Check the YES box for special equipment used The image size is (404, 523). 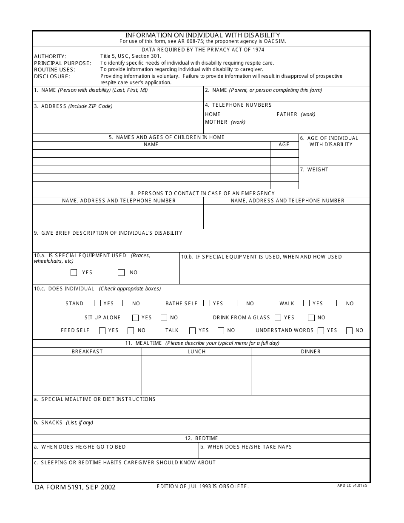click(x=74, y=273)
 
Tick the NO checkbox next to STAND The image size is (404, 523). click(x=126, y=303)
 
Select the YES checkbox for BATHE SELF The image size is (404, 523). click(x=207, y=303)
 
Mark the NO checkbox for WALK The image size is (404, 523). click(x=340, y=303)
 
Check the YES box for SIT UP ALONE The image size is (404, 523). click(x=135, y=318)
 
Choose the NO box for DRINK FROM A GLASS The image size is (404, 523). click(x=311, y=318)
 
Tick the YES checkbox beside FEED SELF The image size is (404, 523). click(x=102, y=330)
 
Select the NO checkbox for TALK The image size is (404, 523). click(x=221, y=330)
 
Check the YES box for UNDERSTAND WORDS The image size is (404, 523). click(x=321, y=330)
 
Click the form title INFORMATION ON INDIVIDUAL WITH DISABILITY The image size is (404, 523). click(x=202, y=35)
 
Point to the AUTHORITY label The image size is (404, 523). click(x=50, y=57)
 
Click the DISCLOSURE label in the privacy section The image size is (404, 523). click(x=52, y=77)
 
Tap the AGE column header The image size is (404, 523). click(x=284, y=145)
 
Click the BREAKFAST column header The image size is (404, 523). click(x=87, y=352)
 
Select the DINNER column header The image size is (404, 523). click(x=311, y=352)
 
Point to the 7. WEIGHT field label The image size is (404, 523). click(x=314, y=170)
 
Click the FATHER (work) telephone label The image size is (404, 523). click(x=296, y=114)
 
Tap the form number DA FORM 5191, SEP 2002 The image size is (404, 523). click(x=75, y=487)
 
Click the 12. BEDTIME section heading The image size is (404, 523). click(x=201, y=438)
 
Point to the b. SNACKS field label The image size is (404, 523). click(x=63, y=423)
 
